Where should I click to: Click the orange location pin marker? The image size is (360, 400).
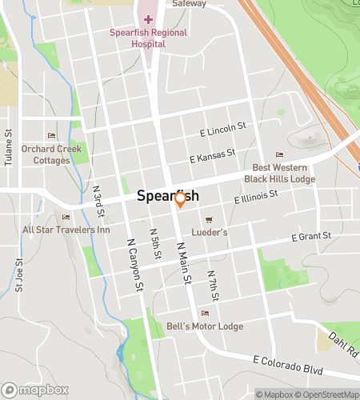(x=181, y=198)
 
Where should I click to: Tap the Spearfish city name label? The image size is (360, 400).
(x=167, y=195)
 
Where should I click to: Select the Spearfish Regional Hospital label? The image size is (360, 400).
(x=149, y=38)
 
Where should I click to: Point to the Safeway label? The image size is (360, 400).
(x=190, y=3)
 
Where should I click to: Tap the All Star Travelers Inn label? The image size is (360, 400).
(x=66, y=230)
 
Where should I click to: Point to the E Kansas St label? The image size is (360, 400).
(x=212, y=155)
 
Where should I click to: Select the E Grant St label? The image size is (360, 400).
(x=310, y=237)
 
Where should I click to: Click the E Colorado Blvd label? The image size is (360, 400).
(x=285, y=365)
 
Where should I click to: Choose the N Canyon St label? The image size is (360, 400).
(x=134, y=266)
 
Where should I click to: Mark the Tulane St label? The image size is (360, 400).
(x=9, y=148)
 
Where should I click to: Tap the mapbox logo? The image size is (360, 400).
(x=33, y=391)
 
